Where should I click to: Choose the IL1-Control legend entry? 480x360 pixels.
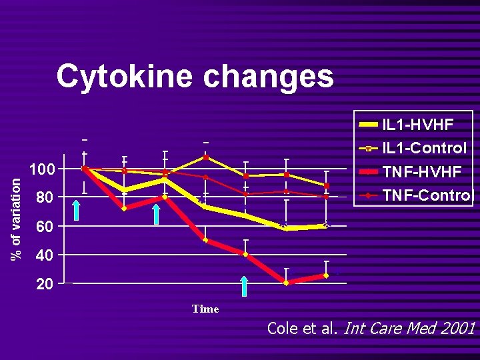point(424,148)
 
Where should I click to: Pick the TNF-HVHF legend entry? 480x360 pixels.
point(421,172)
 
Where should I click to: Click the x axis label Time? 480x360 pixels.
point(205,309)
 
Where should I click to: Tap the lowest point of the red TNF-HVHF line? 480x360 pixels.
point(286,283)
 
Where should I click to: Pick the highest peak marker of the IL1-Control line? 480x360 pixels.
point(206,157)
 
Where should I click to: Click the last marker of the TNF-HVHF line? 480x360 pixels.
point(326,275)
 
